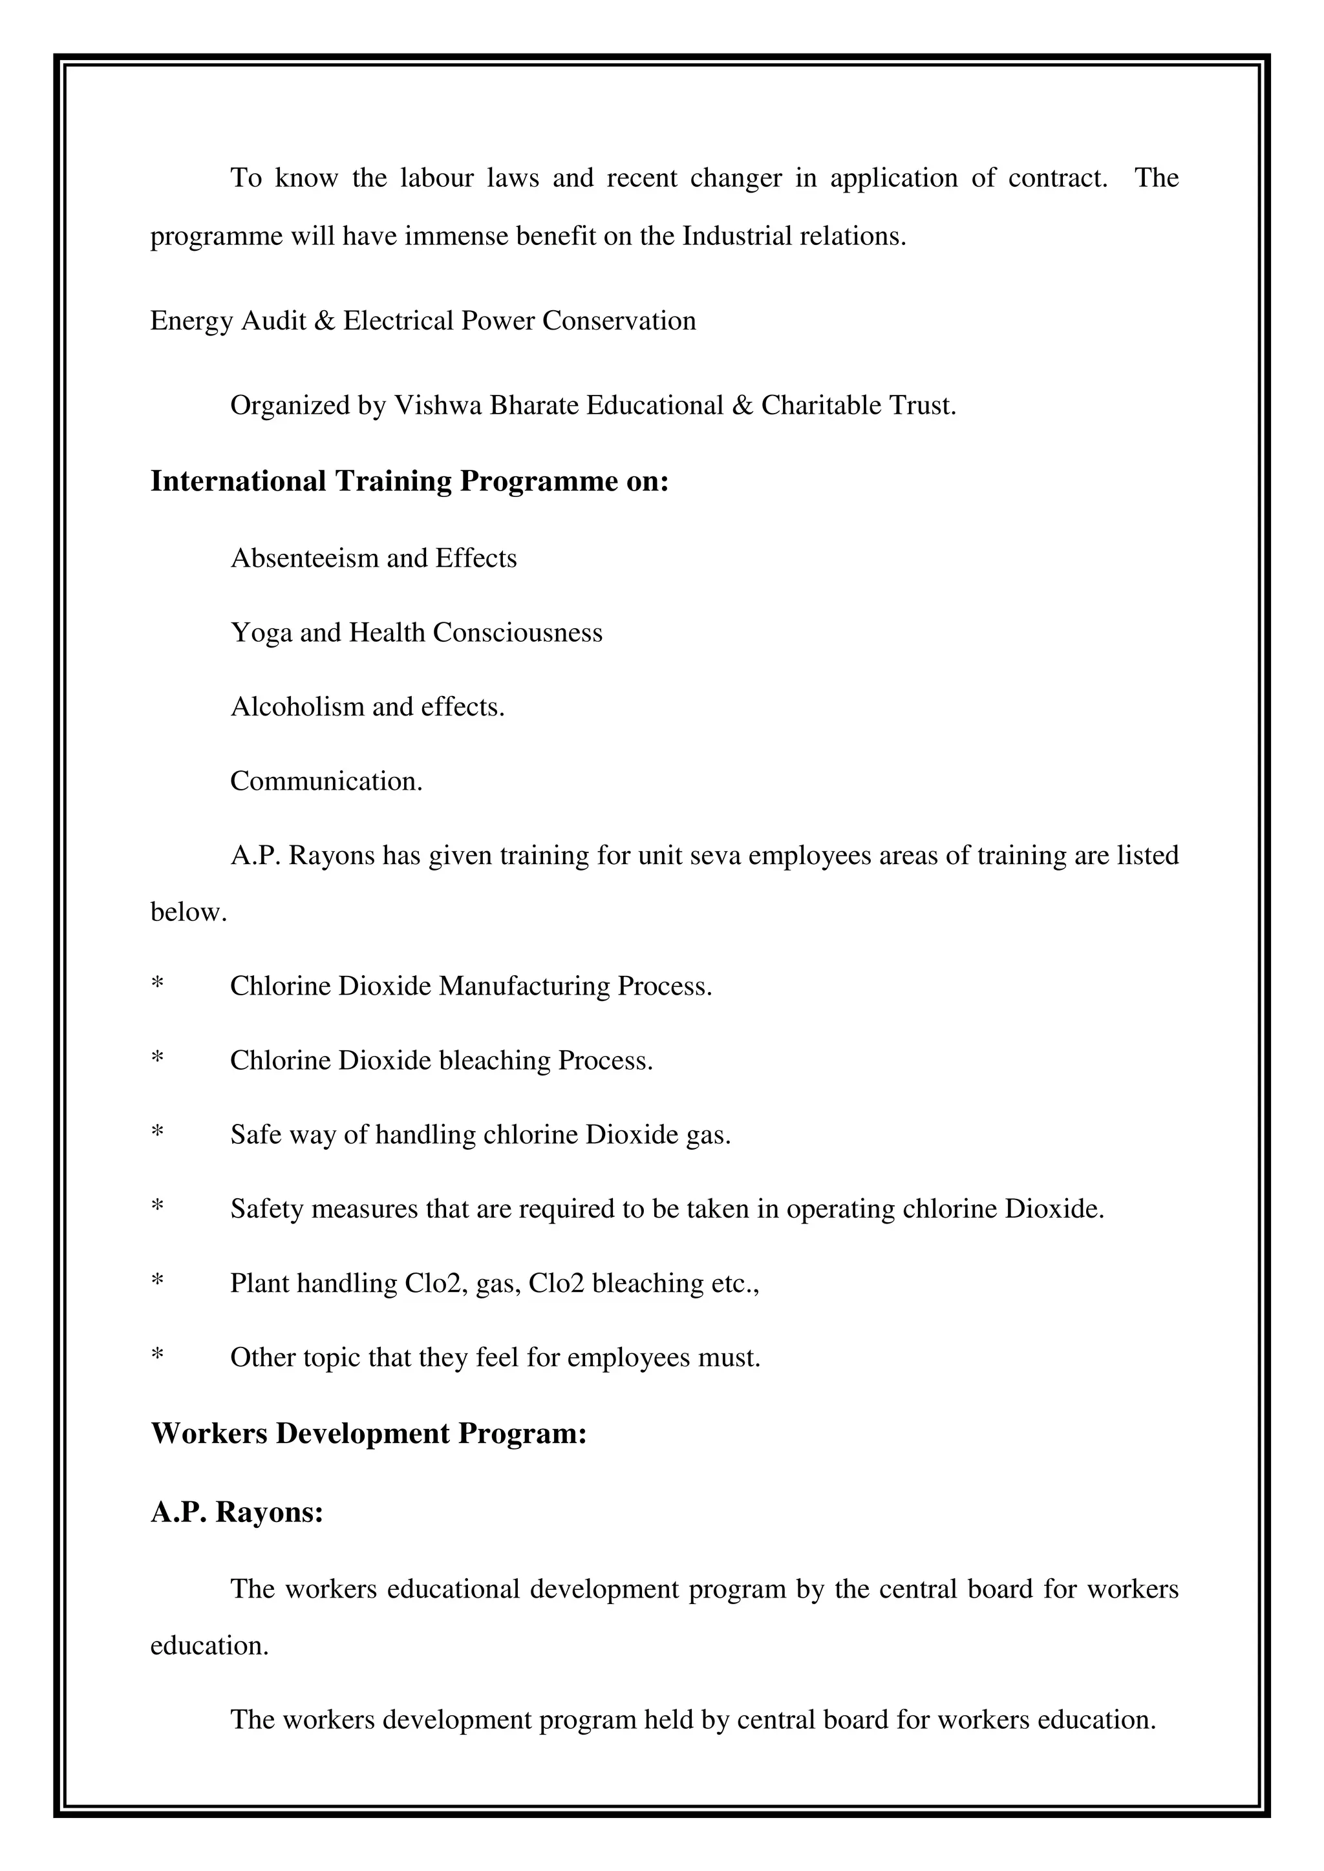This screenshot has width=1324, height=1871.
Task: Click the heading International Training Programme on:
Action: pos(409,481)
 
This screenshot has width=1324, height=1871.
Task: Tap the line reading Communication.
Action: pos(326,781)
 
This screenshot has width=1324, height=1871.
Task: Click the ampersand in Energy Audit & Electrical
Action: pos(324,321)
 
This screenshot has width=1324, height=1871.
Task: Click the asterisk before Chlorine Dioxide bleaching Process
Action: pos(157,1059)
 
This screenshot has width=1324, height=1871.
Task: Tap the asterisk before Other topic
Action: pos(157,1356)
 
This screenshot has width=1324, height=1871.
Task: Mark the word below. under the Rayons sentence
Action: pos(188,912)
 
